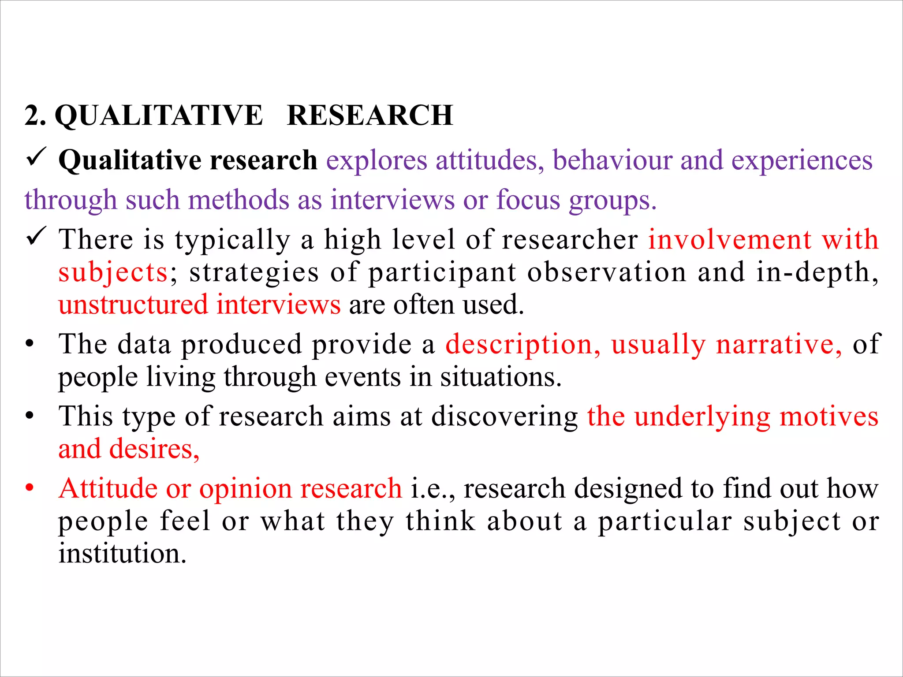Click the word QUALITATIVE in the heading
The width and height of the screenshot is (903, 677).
[159, 115]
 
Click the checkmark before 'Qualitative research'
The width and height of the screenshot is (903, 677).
[36, 157]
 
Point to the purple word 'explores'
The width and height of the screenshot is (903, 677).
[377, 160]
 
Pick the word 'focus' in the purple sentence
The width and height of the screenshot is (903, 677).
[528, 200]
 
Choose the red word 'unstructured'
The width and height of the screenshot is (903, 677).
[133, 305]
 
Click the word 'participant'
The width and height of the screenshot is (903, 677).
[442, 273]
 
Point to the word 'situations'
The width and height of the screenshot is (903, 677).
[500, 377]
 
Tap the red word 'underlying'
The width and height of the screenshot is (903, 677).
[702, 417]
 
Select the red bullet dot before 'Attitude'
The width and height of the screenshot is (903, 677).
[30, 488]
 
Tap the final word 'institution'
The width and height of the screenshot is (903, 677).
[122, 554]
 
